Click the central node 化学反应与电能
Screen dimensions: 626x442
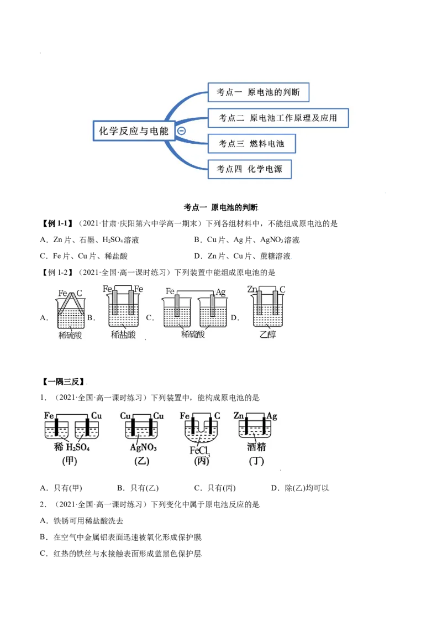(133, 131)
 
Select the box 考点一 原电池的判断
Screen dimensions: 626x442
(258, 92)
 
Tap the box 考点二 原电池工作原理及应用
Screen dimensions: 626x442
(278, 118)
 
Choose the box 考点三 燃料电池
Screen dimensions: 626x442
(251, 144)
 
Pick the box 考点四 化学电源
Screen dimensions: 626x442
(250, 169)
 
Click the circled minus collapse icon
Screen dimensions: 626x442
(181, 131)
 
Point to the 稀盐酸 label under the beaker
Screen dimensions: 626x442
(123, 334)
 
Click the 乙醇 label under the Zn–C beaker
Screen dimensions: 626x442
(267, 334)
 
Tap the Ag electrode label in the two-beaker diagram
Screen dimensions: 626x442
(220, 291)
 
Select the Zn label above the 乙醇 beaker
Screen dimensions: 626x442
(251, 289)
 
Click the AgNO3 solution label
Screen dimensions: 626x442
(143, 447)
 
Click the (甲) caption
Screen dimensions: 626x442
(70, 461)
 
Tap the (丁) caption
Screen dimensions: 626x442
(256, 461)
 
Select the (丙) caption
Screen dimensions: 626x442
(202, 461)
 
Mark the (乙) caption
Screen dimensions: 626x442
(142, 461)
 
